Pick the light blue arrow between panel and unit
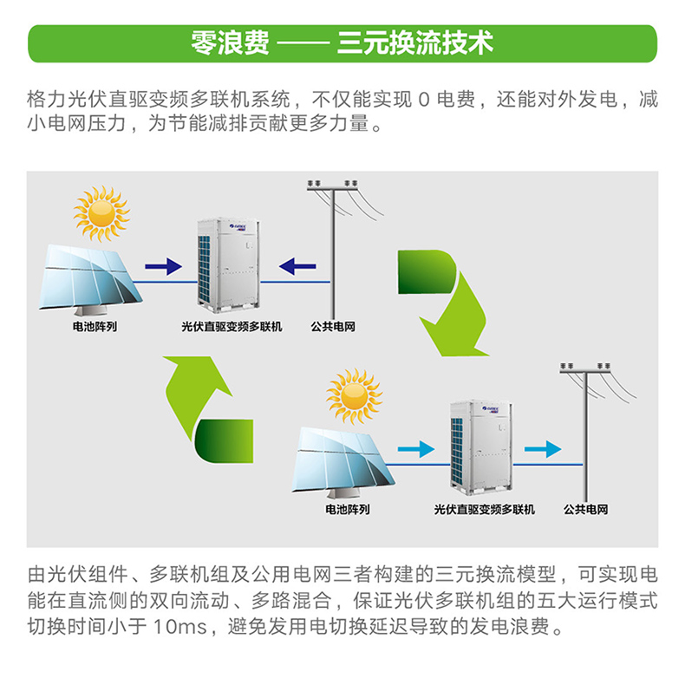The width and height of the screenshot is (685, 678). coord(415,449)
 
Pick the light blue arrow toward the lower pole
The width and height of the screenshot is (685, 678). coord(543,448)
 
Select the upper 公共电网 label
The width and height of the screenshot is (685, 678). coord(333,328)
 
